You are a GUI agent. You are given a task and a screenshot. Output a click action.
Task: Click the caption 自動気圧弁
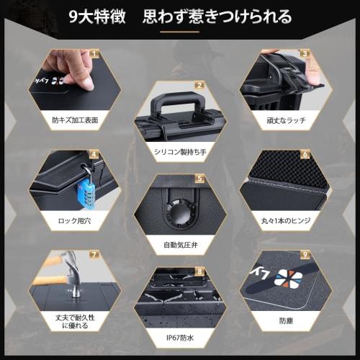tap(179, 245)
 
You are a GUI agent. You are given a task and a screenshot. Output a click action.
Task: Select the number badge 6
tap(305, 153)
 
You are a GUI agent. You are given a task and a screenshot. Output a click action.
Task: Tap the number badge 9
tap(305, 253)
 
